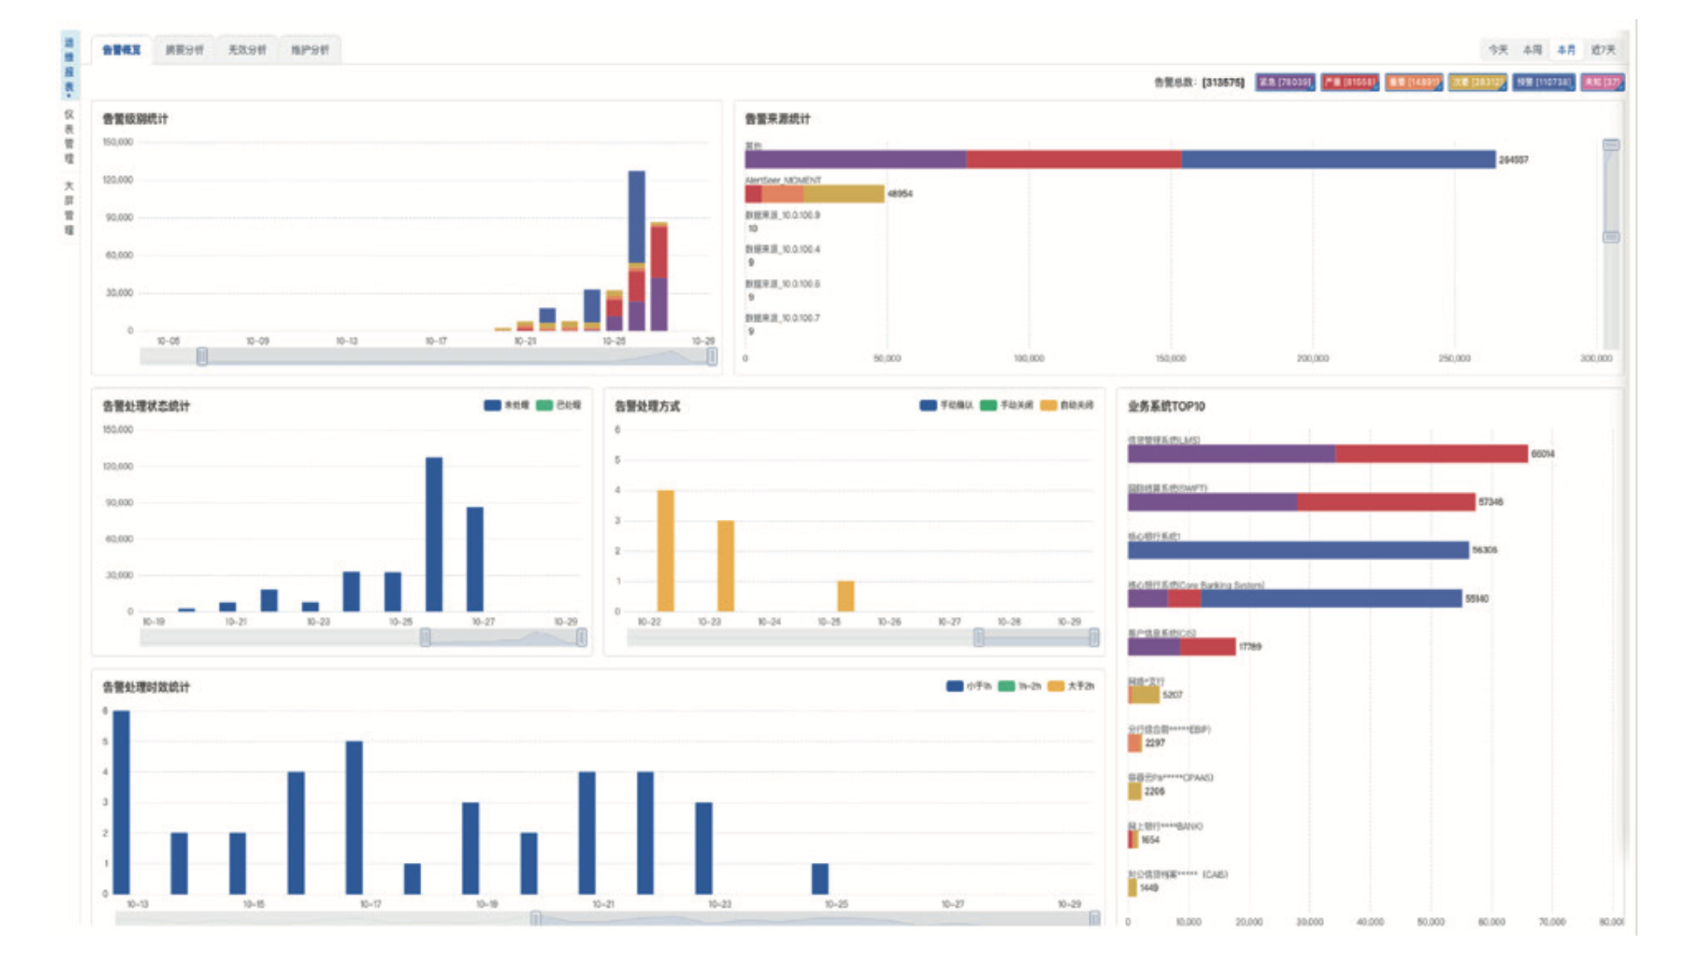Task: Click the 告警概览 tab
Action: click(x=122, y=50)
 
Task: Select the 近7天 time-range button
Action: click(x=1602, y=50)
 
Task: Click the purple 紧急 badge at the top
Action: click(x=1285, y=82)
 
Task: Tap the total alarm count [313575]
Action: click(x=1222, y=82)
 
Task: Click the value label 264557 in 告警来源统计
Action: click(x=1513, y=160)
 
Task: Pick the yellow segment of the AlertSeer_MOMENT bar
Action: click(x=844, y=193)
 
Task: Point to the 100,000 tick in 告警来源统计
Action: click(x=1029, y=359)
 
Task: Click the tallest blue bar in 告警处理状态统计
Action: click(x=434, y=534)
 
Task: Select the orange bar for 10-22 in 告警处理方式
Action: click(x=665, y=551)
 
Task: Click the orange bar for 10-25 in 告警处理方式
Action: click(x=845, y=596)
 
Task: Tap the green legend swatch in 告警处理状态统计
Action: click(x=544, y=405)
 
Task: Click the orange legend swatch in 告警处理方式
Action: click(x=1048, y=405)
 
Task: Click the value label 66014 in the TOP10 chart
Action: click(x=1543, y=454)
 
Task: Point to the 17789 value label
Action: click(x=1250, y=647)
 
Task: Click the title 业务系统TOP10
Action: click(x=1165, y=406)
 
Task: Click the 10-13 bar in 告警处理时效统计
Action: click(x=122, y=802)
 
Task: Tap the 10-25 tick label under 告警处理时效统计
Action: click(x=836, y=904)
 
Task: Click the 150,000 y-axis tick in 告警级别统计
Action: click(x=118, y=142)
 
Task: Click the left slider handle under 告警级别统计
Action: click(x=202, y=356)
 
